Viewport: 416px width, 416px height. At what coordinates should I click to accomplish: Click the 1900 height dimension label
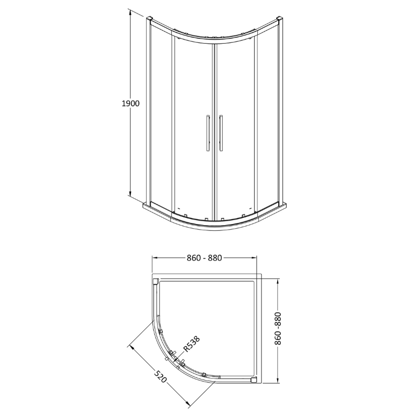point(131,103)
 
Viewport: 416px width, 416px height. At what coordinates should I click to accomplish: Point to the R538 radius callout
point(191,345)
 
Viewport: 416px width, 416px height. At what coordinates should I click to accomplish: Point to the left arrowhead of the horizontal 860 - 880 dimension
point(153,257)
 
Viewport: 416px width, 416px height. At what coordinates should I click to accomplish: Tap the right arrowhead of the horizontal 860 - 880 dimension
point(256,257)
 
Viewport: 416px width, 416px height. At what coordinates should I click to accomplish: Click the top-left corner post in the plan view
point(157,282)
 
